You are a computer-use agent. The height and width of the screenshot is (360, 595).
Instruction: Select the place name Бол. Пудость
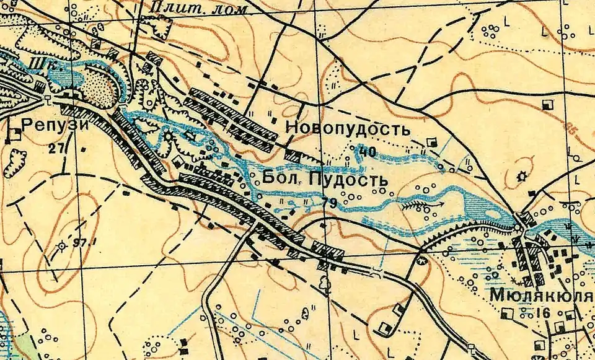point(325,180)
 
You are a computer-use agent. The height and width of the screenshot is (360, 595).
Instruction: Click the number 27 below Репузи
point(58,148)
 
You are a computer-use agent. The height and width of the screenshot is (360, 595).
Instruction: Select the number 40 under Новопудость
point(367,151)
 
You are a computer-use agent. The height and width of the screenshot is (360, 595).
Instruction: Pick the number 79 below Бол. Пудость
point(329,202)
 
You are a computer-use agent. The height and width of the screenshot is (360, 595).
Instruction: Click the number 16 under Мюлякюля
point(545,312)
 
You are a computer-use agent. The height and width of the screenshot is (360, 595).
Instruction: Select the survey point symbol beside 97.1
point(61,247)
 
